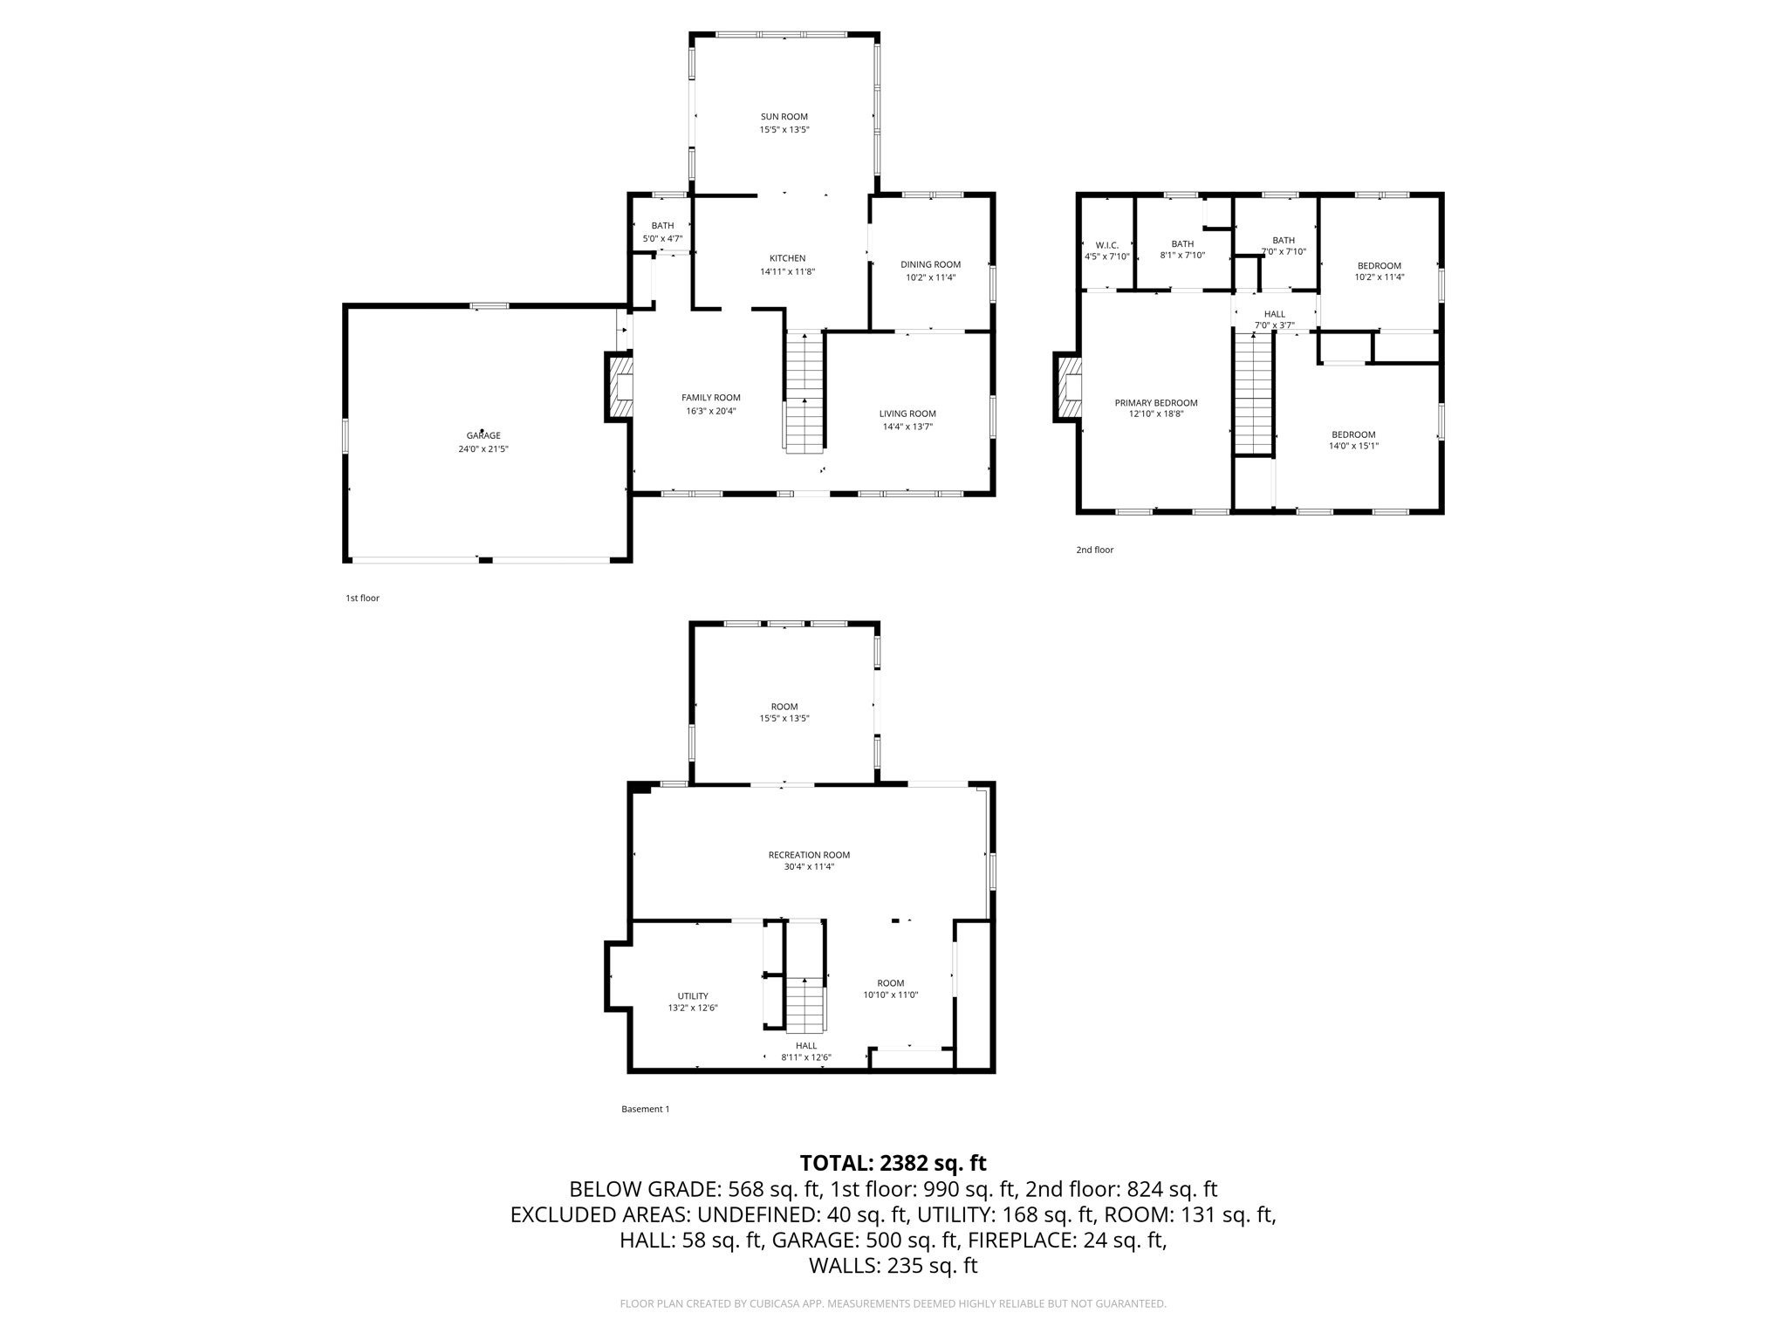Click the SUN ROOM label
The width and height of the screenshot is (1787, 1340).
click(x=784, y=116)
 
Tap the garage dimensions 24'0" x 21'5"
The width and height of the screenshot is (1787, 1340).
click(x=483, y=448)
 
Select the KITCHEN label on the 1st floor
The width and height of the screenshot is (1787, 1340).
click(x=787, y=258)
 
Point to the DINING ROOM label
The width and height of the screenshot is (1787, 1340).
click(x=930, y=264)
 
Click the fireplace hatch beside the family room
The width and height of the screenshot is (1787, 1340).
click(x=621, y=386)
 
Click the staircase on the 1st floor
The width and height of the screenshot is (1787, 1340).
click(x=804, y=393)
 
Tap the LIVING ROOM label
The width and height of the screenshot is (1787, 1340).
click(x=907, y=414)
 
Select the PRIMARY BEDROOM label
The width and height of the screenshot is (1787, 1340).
click(x=1155, y=403)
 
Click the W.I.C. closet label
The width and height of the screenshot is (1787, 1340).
click(x=1106, y=245)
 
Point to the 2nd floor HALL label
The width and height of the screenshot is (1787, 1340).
click(x=1274, y=314)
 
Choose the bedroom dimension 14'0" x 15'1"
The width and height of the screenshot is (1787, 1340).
click(x=1353, y=446)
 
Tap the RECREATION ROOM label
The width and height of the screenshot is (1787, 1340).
click(x=809, y=855)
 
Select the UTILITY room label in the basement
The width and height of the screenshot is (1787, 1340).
click(x=693, y=995)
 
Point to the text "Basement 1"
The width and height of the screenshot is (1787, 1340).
click(x=645, y=1109)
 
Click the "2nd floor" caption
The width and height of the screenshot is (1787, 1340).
click(x=1094, y=550)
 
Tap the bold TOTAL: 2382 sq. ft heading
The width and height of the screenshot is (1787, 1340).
click(x=893, y=1163)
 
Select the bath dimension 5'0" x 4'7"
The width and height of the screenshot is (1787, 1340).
click(x=662, y=238)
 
